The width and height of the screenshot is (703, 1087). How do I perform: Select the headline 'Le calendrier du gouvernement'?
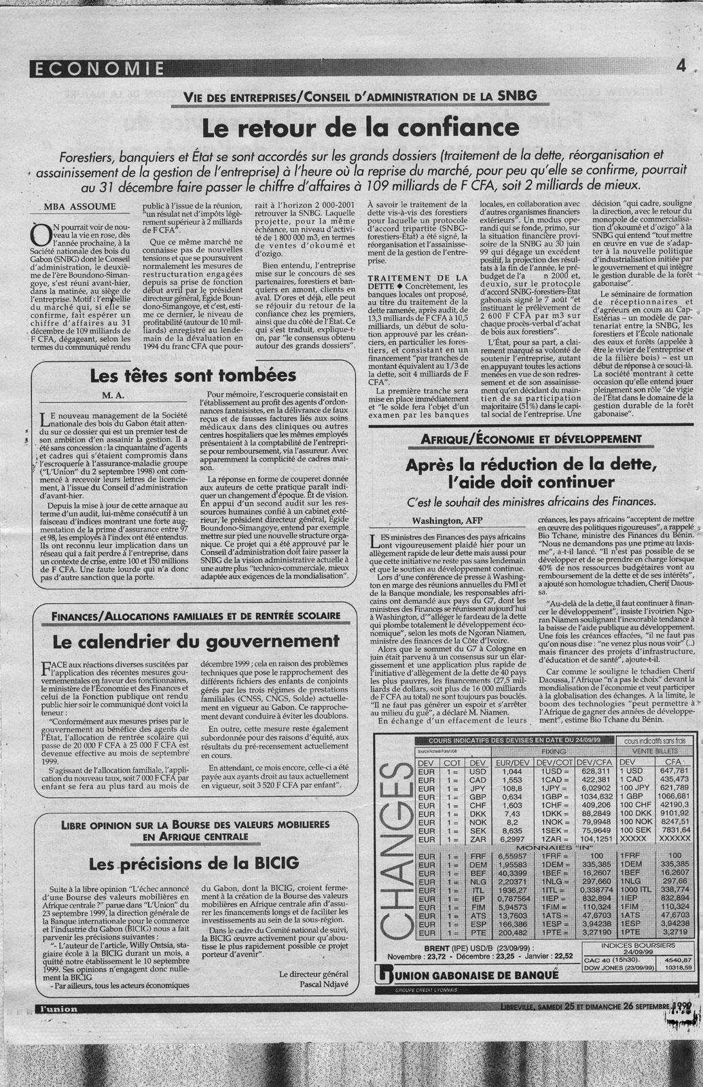(x=182, y=641)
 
